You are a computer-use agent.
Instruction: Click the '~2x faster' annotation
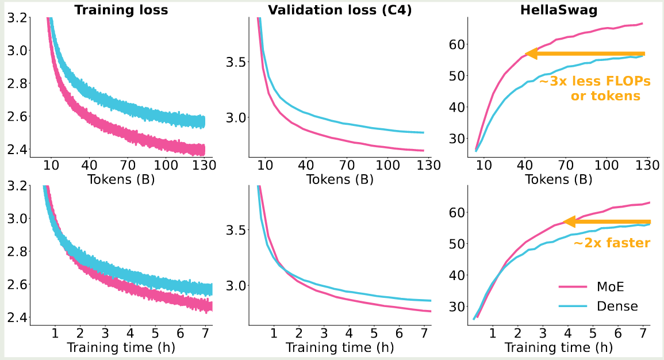pos(612,243)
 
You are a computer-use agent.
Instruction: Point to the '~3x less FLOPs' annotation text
pos(594,82)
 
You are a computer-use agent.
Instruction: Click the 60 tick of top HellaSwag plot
pos(459,44)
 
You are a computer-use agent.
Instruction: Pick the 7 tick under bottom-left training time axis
pos(205,332)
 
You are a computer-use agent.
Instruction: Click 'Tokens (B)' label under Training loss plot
pos(121,179)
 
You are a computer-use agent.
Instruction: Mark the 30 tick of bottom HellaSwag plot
pos(459,307)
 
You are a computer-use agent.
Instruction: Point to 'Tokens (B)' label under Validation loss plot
pos(340,179)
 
